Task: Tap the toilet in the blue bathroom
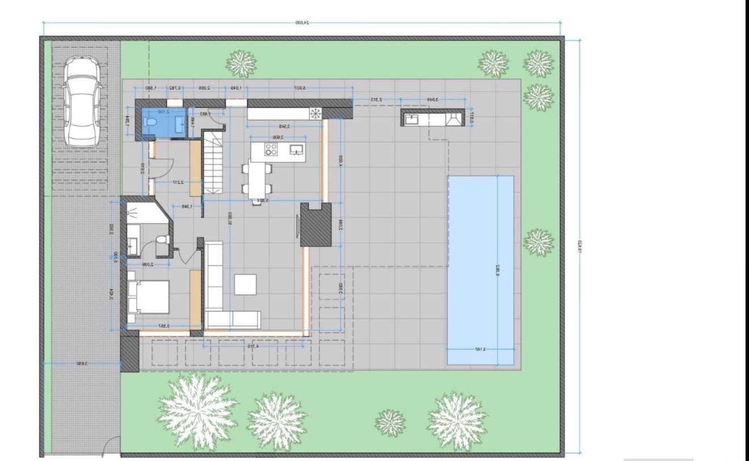point(152,122)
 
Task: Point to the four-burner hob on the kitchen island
point(271,149)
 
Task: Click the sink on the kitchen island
point(297,150)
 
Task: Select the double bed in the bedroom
point(149,297)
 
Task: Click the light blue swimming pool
point(481,270)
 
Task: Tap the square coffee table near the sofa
point(245,284)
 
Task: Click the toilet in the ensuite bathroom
point(162,240)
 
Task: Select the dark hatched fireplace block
point(315,225)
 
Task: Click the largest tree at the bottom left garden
point(197,410)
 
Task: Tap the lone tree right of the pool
point(538,242)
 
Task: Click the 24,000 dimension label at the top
point(302,23)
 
